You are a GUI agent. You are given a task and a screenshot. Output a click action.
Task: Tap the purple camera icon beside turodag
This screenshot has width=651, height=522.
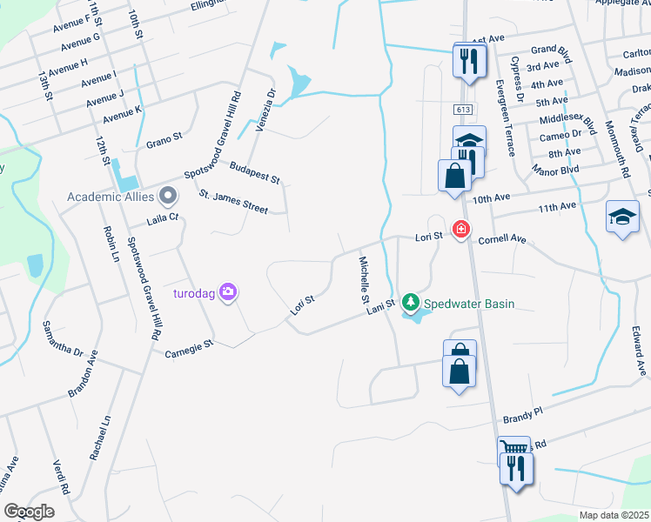[x=229, y=291]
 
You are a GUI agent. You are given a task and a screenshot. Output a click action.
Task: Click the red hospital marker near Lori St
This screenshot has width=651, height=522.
[x=460, y=230]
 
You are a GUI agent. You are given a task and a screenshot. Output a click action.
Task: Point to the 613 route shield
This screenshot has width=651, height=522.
[x=462, y=109]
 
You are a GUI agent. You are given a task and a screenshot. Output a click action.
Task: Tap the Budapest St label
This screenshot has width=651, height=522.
[x=254, y=172]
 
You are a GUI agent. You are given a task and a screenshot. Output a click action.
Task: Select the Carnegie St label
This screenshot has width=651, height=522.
[x=190, y=346]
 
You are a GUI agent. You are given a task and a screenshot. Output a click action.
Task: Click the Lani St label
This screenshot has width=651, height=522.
[x=381, y=305]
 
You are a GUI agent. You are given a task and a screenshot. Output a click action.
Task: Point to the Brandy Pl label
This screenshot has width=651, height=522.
[x=520, y=415]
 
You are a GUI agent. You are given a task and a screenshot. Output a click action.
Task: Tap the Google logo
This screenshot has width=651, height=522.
[x=30, y=512]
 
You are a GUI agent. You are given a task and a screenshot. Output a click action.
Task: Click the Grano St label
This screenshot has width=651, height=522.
[x=164, y=137]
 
